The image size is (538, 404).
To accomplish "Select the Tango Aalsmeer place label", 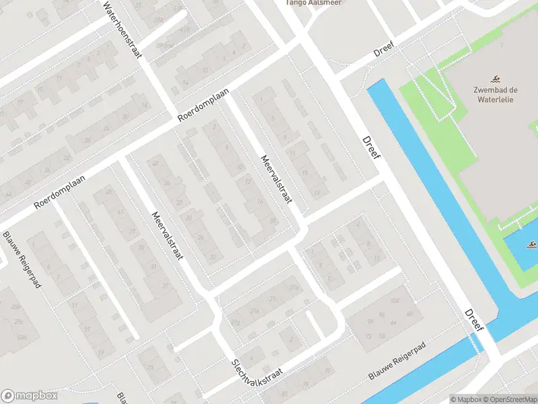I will pyautogui.click(x=313, y=3).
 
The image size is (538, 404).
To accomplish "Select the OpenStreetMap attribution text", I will pyautogui.click(x=511, y=399).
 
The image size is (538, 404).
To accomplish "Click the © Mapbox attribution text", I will pyautogui.click(x=465, y=399).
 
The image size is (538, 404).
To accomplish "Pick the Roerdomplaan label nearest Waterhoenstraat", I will pyautogui.click(x=204, y=105).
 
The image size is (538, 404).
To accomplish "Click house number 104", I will pyautogui.click(x=395, y=300).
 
